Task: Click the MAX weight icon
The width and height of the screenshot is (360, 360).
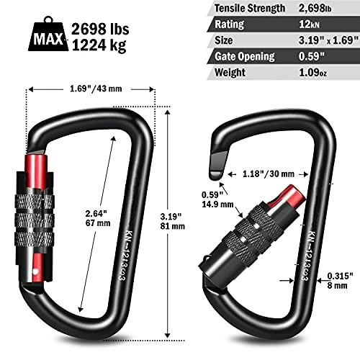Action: point(48,34)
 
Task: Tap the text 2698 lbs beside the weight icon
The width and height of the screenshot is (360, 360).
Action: point(100,29)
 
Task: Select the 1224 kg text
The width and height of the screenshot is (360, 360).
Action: point(99,45)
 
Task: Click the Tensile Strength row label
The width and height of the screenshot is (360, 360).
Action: point(250,9)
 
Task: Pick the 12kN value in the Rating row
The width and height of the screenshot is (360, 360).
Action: point(309,24)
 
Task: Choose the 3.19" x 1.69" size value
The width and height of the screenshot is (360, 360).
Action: point(328,40)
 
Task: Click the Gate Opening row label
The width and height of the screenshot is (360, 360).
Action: point(245,57)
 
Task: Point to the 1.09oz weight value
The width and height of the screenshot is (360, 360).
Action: point(312,72)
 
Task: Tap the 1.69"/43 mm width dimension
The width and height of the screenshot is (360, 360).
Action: point(96,89)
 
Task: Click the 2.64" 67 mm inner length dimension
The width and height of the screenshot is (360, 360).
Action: point(98,218)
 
